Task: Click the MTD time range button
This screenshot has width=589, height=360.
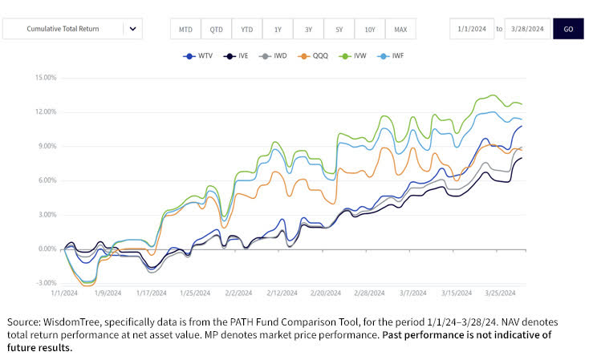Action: [x=185, y=30]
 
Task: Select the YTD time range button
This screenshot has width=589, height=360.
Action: [x=247, y=30]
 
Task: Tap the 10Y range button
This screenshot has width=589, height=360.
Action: [x=369, y=30]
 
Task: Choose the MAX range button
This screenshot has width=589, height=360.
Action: [x=400, y=30]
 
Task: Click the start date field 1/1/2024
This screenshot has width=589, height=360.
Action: [x=471, y=29]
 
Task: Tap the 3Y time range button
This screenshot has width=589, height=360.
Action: [x=308, y=30]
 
